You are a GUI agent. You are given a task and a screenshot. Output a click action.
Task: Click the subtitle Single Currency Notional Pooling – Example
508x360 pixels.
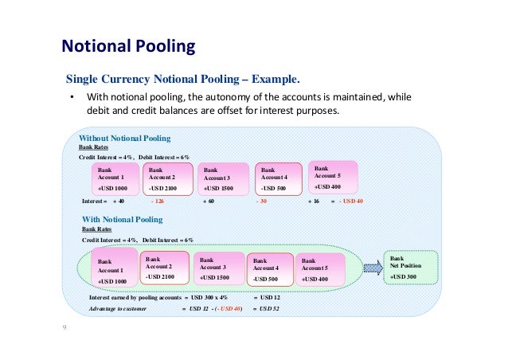point(183,80)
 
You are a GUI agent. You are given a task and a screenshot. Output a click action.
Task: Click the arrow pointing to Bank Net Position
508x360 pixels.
point(372,267)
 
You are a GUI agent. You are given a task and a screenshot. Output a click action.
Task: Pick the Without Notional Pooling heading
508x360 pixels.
point(124,139)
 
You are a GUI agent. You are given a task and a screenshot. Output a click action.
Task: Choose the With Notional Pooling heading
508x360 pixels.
point(123,218)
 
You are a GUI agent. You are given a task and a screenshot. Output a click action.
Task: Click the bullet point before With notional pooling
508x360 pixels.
point(70,98)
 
